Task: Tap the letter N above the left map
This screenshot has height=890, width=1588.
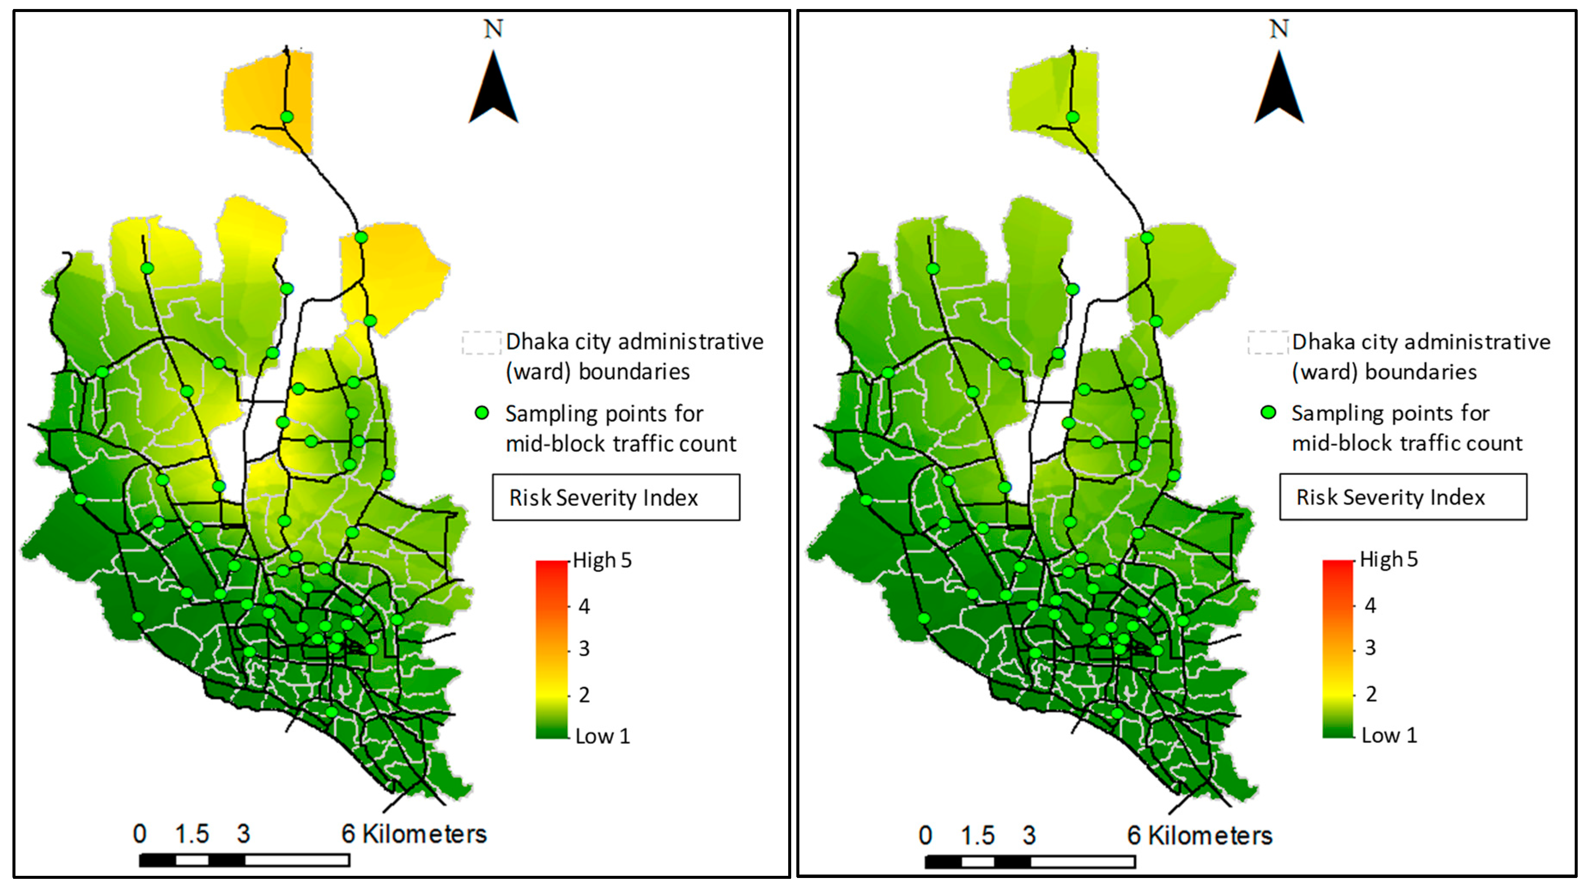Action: [x=493, y=29]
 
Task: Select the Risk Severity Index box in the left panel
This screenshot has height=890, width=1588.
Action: [x=616, y=498]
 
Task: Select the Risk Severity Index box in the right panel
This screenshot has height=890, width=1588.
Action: [x=1403, y=497]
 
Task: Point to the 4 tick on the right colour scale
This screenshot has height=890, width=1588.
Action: [x=1370, y=606]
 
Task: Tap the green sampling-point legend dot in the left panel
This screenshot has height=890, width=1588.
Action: [x=482, y=413]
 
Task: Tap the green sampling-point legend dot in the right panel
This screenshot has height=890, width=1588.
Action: [x=1268, y=412]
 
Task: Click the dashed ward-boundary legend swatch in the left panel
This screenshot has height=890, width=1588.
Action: [x=481, y=343]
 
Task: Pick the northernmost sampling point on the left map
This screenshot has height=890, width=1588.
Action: [x=287, y=116]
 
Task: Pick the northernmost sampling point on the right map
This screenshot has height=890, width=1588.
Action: [x=1073, y=116]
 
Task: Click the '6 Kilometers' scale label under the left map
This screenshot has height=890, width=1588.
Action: [x=414, y=834]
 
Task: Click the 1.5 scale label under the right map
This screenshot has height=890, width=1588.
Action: [x=978, y=835]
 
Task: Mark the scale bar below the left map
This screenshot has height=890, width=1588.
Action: [x=244, y=860]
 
